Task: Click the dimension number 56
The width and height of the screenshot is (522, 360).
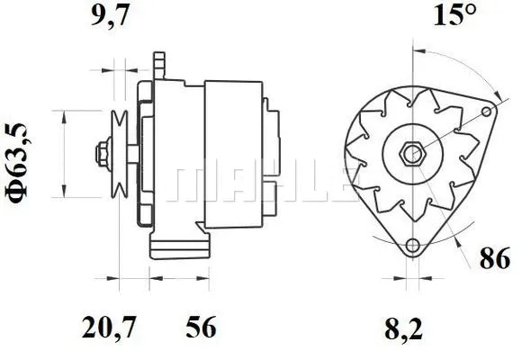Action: pos(202,328)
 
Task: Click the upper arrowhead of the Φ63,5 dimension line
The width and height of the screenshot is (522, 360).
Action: pos(62,115)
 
